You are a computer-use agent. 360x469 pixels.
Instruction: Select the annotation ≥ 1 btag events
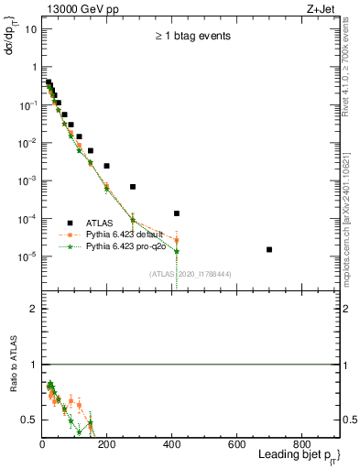191,37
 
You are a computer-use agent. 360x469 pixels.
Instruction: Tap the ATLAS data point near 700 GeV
269,249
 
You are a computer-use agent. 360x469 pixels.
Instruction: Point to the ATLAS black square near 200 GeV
107,166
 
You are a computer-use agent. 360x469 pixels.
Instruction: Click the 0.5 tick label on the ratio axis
30,420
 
